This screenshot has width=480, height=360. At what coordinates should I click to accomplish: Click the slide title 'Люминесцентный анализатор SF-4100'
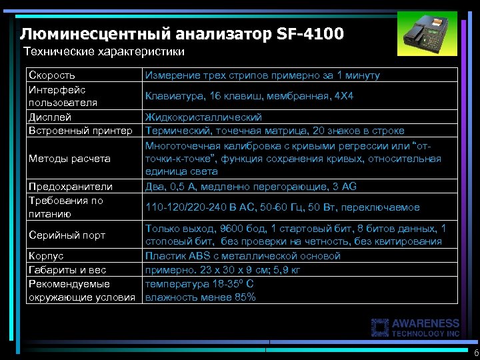182,33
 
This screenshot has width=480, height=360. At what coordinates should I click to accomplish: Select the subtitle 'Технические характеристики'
103,51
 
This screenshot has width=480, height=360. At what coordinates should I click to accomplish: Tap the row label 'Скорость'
51,75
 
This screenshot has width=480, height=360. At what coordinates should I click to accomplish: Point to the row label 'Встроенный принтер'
80,131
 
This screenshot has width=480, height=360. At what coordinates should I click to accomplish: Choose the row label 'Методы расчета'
69,159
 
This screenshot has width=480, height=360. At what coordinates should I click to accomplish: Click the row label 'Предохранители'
70,187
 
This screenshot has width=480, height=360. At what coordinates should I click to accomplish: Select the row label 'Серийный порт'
66,235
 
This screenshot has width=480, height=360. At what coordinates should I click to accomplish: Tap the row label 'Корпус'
46,256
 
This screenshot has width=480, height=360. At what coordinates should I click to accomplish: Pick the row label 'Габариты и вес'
67,269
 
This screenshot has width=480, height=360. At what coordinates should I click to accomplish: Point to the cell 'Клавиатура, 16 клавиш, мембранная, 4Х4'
249,96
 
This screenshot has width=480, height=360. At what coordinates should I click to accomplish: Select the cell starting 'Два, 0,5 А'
251,187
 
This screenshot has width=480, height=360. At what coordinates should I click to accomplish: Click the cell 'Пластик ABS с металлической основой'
243,256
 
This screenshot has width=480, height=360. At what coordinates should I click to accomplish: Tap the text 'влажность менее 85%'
200,297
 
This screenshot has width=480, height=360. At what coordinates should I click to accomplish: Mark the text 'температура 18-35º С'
199,283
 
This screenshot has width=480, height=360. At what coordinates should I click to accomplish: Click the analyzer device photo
429,35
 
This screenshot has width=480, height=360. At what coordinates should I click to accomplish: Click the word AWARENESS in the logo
426,323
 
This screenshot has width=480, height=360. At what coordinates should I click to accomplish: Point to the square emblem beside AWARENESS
381,327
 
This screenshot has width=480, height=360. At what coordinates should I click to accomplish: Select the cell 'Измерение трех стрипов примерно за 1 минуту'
263,75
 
